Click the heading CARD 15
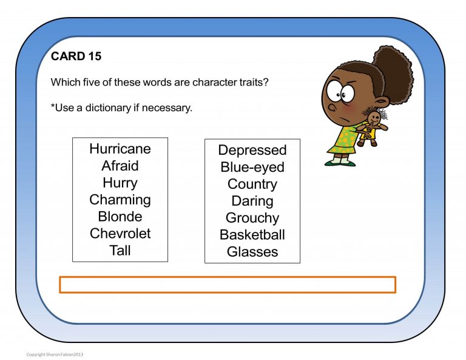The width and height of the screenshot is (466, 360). point(76,56)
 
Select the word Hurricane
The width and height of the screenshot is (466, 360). point(120,149)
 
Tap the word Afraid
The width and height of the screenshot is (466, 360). point(120,166)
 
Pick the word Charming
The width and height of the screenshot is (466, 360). point(120,200)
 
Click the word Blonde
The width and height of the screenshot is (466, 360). point(120,217)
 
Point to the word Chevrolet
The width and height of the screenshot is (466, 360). point(120,234)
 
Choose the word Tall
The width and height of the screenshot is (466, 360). point(120,250)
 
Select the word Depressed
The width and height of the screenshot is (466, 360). point(252,150)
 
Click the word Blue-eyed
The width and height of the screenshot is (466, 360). point(252,167)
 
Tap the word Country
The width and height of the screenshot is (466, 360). point(252,184)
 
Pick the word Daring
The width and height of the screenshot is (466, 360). point(252,201)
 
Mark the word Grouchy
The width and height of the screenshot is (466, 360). point(252,218)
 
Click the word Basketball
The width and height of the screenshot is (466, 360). point(252,235)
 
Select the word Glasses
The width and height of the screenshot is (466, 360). point(252,251)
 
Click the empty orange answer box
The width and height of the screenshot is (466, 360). point(228,285)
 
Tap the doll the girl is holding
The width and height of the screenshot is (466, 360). point(371,126)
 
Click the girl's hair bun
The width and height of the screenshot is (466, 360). point(394,73)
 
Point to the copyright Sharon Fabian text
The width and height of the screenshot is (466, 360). point(55,354)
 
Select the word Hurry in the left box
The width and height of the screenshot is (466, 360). point(120,183)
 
